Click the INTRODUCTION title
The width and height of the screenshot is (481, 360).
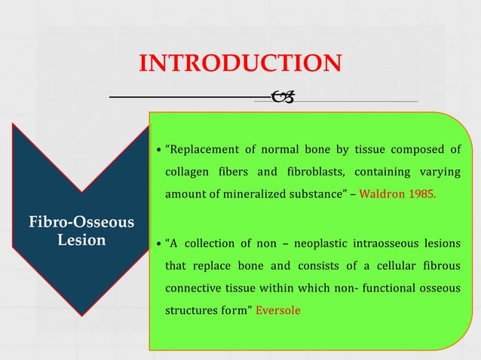coord(240,64)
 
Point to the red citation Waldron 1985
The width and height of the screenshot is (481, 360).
coord(397,194)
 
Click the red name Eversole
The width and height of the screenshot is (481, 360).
coord(278,310)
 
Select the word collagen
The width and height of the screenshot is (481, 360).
coord(186,172)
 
